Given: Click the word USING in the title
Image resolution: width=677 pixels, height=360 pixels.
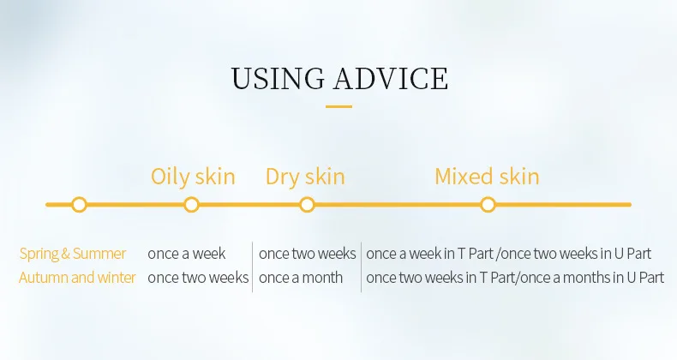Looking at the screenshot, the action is pos(278,79).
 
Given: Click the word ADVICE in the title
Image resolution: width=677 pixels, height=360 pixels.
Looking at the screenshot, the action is pos(391,79).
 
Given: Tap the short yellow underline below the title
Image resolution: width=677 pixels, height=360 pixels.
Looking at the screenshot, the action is pos(339,106).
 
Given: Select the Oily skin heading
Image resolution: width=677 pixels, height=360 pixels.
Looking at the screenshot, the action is pos(193,177).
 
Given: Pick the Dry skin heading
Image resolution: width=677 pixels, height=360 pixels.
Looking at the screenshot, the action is pos(305,177).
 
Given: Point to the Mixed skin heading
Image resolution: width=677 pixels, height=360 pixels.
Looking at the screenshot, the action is pos(487,177).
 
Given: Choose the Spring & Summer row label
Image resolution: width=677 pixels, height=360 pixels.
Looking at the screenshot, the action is pos(73,254).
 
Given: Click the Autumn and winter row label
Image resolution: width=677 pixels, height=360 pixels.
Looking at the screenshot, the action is pos(77,278).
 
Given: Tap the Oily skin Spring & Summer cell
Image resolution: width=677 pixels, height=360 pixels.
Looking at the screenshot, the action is pos(187,254).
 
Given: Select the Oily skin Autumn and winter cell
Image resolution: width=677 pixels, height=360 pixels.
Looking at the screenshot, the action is pos(198,278).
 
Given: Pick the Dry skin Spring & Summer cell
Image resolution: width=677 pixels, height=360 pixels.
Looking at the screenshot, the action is pos(308,254).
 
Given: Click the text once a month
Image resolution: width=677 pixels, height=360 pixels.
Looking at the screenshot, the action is pos(301,278).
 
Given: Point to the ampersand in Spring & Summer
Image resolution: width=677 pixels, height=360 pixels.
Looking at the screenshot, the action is pos(65,254).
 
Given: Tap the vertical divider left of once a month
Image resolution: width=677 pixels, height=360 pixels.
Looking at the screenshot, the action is pos(253,267).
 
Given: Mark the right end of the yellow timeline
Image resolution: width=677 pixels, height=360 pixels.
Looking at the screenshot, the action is pos(630,205).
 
